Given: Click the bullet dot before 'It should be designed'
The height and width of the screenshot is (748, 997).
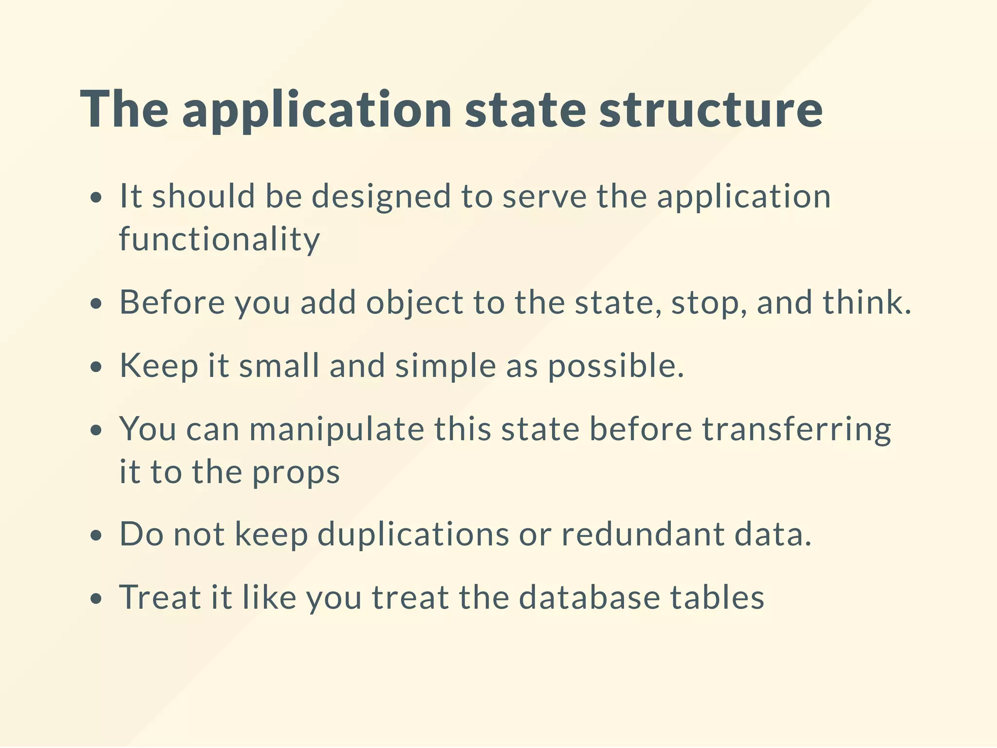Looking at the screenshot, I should (x=97, y=198).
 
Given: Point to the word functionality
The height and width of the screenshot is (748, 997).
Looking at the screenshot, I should (x=220, y=240).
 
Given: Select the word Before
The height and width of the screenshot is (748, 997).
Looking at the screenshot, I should (x=172, y=302).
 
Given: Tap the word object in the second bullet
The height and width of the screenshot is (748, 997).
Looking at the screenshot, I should (x=414, y=303).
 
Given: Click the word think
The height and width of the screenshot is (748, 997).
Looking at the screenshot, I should (x=866, y=302).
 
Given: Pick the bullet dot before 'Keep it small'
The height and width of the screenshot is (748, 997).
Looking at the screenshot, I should (x=97, y=367).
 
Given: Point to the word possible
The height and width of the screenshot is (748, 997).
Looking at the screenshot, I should (x=615, y=366).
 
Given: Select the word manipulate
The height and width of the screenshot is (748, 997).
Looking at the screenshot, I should (x=336, y=430).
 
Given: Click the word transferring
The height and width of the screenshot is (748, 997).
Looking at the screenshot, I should (x=796, y=430).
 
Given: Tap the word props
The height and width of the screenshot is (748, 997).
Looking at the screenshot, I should (x=295, y=473).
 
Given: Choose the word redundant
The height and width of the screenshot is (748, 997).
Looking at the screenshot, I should (x=643, y=535).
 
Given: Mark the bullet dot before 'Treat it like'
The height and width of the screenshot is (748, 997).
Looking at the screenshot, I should (x=97, y=598).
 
